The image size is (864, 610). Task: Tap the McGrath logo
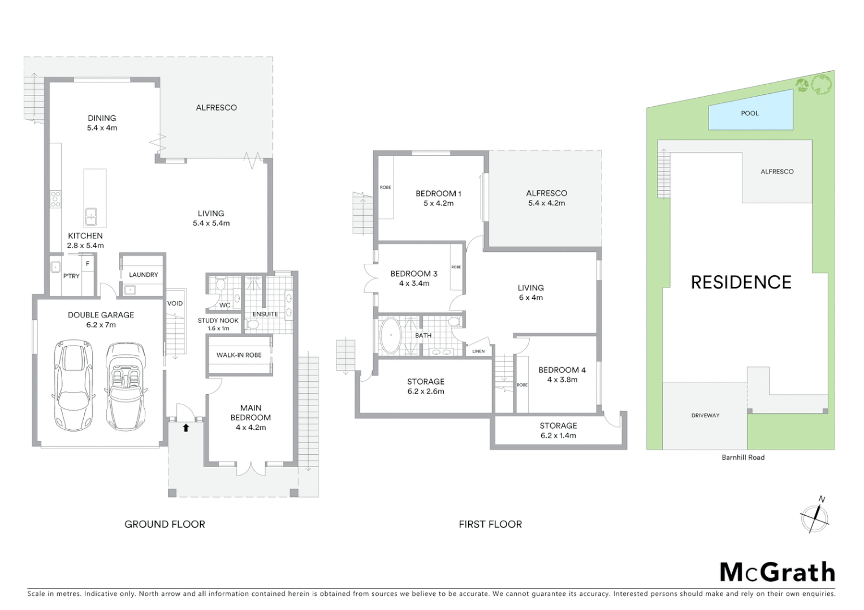pos(777,572)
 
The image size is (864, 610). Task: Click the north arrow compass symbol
pos(815,517)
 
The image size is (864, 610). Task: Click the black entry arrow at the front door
pos(185,428)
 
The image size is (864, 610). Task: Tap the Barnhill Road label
pos(742,457)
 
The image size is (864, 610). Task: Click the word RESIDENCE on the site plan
pos(741,282)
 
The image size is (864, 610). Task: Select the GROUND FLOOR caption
pos(165,524)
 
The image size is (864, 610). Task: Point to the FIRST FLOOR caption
pos(490,524)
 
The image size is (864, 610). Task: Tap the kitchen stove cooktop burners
pos(55,199)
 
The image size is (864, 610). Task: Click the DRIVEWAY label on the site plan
pos(705,415)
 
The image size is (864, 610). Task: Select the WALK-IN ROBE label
pos(239,355)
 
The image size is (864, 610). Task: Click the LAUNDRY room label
pos(143,274)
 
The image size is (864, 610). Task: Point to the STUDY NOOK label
pos(218,320)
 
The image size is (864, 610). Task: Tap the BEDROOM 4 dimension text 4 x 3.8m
pos(562,380)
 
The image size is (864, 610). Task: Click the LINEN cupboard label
pos(478,351)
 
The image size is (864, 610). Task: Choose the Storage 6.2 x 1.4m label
pos(558,430)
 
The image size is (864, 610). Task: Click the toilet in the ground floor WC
pos(220,286)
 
